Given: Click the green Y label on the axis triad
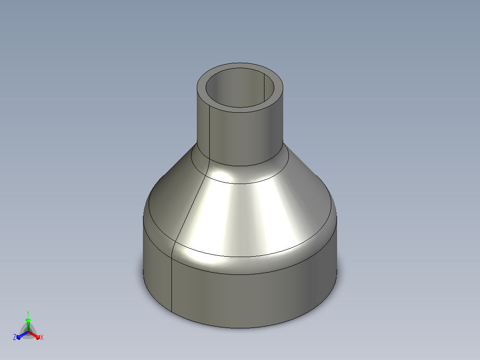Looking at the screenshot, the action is [28, 313].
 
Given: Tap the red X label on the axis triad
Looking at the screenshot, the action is [42, 337].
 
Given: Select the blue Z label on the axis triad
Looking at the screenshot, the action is [15, 337].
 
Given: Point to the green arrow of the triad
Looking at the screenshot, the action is [28, 324].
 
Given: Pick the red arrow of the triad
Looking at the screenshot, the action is [34, 335].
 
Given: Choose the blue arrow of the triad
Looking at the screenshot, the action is [22, 335].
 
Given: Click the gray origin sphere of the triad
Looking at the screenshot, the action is [28, 332].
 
